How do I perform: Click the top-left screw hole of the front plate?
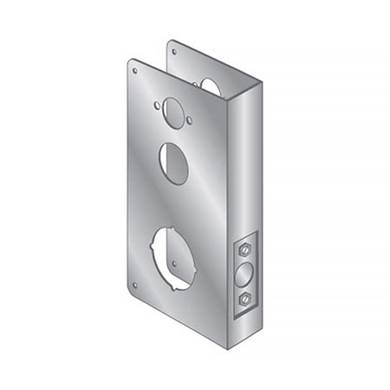[135, 71]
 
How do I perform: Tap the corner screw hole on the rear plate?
[174, 51]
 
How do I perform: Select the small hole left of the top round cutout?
[156, 105]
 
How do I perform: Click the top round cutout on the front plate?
[173, 111]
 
